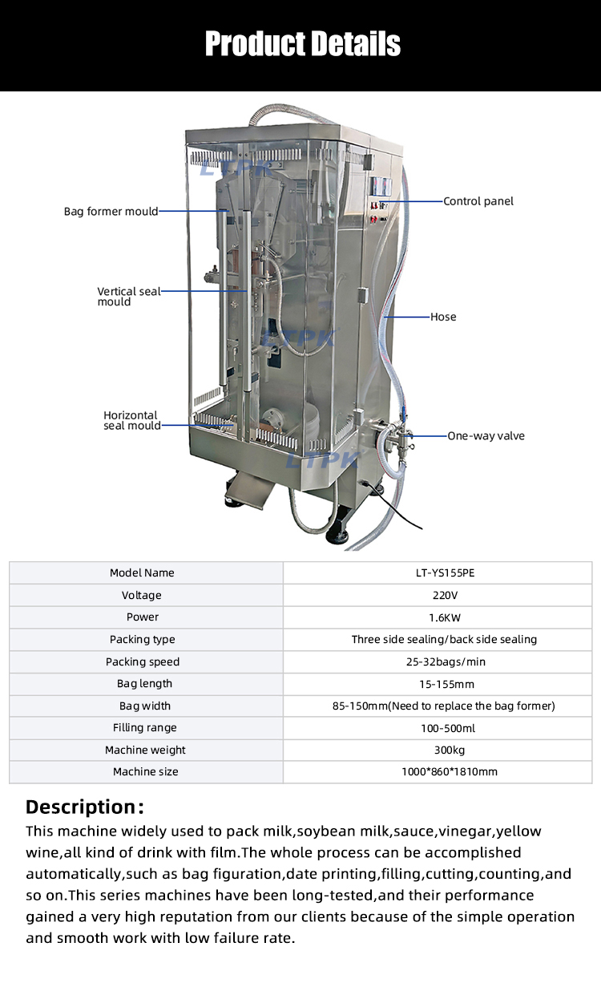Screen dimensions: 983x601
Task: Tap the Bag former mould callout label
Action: coord(111,212)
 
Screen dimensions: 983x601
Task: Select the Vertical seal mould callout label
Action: coord(128,297)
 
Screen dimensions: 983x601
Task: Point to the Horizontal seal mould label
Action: coord(131,420)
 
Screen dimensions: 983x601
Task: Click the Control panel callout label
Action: coord(478,201)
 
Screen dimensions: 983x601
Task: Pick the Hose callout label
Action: coord(443,317)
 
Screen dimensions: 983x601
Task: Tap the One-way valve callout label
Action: coord(485,435)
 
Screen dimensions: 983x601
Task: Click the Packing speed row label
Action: coord(143,661)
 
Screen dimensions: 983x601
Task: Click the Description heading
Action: coord(85,806)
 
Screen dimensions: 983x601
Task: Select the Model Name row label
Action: coord(142,572)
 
